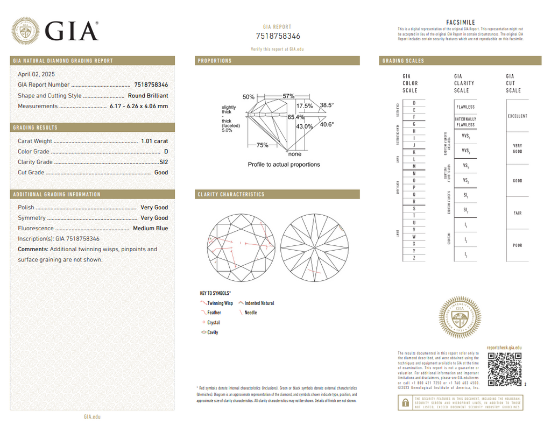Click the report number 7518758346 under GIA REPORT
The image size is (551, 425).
point(278,36)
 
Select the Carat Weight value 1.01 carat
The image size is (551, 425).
point(154,141)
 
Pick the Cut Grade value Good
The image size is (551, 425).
point(161,173)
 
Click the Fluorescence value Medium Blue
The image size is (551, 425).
point(150,229)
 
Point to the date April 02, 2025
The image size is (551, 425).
point(36,74)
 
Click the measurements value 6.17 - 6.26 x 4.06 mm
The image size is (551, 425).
point(139,106)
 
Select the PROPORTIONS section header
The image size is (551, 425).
point(215,61)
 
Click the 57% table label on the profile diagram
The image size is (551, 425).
point(288,96)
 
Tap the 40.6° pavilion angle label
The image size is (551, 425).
point(327,125)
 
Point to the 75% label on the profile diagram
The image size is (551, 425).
point(262,145)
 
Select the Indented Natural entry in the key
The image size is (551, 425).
point(259,303)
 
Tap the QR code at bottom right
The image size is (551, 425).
point(505,370)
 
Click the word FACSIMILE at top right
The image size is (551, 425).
point(461,22)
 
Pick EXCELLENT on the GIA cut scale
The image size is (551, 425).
point(517,116)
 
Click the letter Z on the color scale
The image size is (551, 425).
point(414,258)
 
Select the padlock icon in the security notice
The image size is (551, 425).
point(403,401)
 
